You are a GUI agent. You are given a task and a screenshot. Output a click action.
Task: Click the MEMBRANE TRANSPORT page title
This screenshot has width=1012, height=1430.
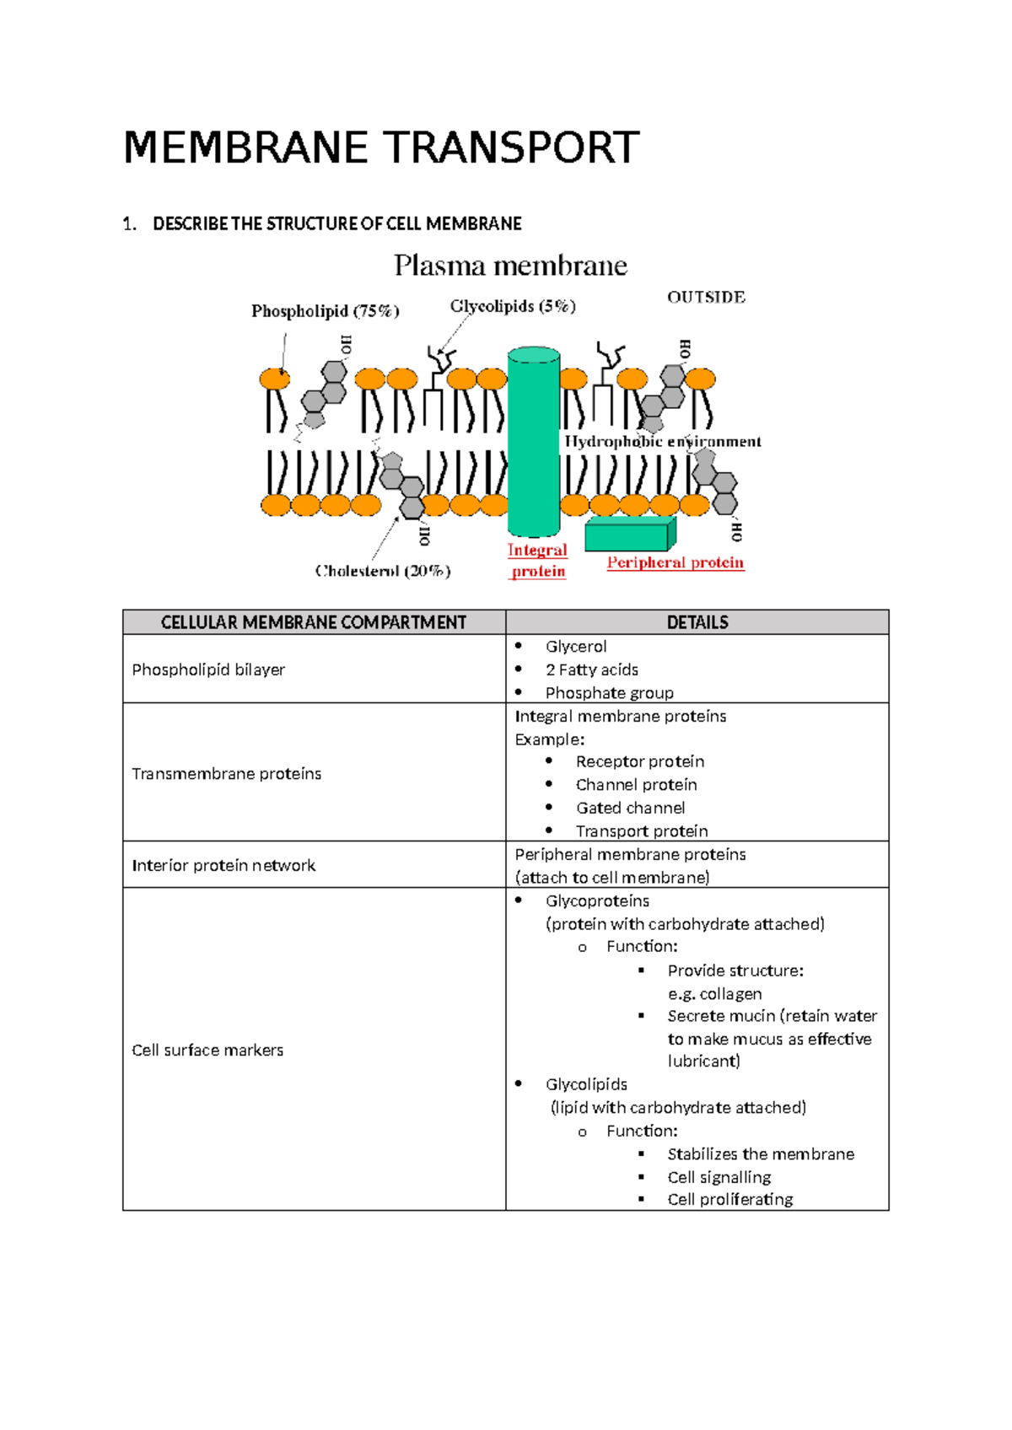tap(381, 148)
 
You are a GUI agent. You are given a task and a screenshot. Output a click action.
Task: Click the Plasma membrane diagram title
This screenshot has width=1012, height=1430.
tap(510, 266)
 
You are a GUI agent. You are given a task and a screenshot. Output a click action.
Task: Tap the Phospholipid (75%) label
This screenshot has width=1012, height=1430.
tap(325, 311)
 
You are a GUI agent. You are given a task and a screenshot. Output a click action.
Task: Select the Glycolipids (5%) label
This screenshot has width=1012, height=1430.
tap(513, 306)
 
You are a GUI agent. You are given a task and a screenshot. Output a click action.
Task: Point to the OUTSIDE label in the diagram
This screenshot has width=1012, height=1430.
tap(706, 297)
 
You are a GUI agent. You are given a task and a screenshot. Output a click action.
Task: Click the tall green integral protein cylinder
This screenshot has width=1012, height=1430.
tap(533, 443)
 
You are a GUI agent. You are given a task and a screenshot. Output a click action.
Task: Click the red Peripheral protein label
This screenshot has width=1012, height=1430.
tap(675, 562)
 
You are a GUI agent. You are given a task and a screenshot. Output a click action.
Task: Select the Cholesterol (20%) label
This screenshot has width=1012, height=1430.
tap(383, 571)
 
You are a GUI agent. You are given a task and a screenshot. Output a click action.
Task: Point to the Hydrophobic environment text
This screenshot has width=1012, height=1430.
tap(662, 441)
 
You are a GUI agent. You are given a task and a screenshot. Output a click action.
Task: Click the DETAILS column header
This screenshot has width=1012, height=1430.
tap(697, 622)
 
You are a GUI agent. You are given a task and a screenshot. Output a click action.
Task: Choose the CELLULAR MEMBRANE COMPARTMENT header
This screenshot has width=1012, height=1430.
tap(314, 622)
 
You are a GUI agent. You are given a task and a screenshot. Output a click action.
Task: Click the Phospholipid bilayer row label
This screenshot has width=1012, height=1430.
tap(208, 669)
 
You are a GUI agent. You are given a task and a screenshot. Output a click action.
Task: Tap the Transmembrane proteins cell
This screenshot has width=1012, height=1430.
tap(226, 773)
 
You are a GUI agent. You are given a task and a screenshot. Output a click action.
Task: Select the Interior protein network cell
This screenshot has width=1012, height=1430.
tap(223, 865)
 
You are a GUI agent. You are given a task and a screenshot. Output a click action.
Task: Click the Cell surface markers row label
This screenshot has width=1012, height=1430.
tap(207, 1050)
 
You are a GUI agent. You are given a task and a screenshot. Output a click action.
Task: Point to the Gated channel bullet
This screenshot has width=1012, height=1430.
tap(630, 808)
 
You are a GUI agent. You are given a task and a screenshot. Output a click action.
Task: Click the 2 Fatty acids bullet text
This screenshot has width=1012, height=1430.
tap(591, 669)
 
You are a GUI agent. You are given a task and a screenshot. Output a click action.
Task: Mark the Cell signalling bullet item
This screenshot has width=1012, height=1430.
tap(719, 1177)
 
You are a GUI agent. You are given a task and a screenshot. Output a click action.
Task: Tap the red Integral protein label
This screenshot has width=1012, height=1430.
tap(537, 560)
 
